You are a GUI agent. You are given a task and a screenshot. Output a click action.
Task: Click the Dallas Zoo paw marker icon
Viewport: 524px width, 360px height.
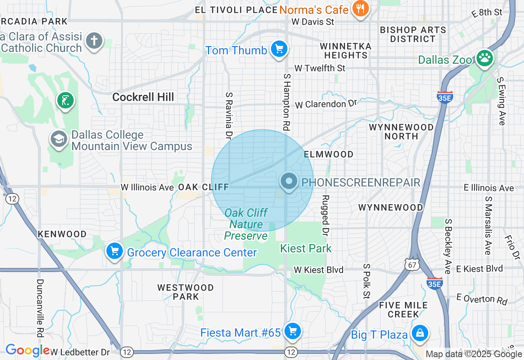485,59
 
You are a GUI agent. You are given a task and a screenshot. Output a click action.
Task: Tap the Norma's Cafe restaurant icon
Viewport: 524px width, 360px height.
360,9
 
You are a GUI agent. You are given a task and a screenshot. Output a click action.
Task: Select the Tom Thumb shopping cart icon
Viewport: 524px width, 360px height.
279,49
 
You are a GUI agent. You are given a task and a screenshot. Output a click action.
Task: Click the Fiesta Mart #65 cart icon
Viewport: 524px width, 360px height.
292,331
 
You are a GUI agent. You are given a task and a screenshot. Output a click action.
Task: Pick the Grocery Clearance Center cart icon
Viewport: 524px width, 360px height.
115,251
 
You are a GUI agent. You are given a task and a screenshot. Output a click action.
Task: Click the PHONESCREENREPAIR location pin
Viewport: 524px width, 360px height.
289,181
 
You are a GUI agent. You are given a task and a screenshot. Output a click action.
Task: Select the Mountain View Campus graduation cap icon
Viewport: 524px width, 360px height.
59,139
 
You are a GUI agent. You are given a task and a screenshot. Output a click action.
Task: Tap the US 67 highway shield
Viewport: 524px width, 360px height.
411,264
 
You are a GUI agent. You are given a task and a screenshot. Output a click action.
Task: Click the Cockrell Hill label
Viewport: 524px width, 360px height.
143,97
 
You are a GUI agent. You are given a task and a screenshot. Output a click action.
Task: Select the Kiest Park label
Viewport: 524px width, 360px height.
306,248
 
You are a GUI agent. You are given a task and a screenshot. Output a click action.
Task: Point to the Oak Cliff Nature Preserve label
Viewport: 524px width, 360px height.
246,224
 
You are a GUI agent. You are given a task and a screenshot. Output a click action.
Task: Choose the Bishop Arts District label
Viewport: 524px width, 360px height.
413,34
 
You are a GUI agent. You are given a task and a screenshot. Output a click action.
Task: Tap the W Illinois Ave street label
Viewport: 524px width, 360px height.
147,187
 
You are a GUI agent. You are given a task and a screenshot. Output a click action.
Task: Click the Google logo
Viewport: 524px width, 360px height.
27,351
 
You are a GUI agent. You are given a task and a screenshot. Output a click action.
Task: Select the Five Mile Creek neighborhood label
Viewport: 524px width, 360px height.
403,310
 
